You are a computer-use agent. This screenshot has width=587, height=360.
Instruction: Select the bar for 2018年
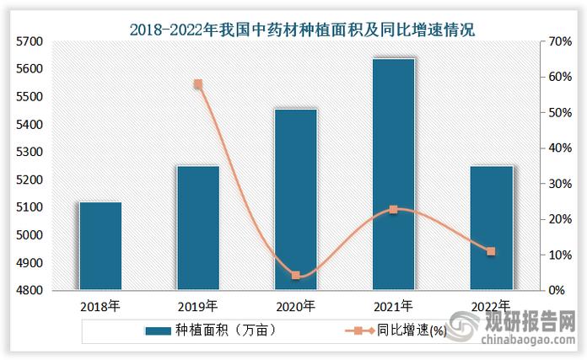coord(100,246)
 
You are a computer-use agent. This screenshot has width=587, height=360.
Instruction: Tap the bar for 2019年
coord(198,228)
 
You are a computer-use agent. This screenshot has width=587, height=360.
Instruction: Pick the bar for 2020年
coord(296,200)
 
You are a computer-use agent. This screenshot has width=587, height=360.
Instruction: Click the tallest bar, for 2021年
coord(394,175)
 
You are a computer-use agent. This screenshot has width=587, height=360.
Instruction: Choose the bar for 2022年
coord(492,228)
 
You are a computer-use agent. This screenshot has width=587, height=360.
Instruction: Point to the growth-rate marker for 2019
coord(198,84)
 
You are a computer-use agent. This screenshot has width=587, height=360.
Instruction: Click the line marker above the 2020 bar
coord(296,276)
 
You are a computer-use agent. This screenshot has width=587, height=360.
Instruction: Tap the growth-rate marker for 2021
coord(394,209)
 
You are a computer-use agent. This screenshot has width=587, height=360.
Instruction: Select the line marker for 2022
coord(492,251)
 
